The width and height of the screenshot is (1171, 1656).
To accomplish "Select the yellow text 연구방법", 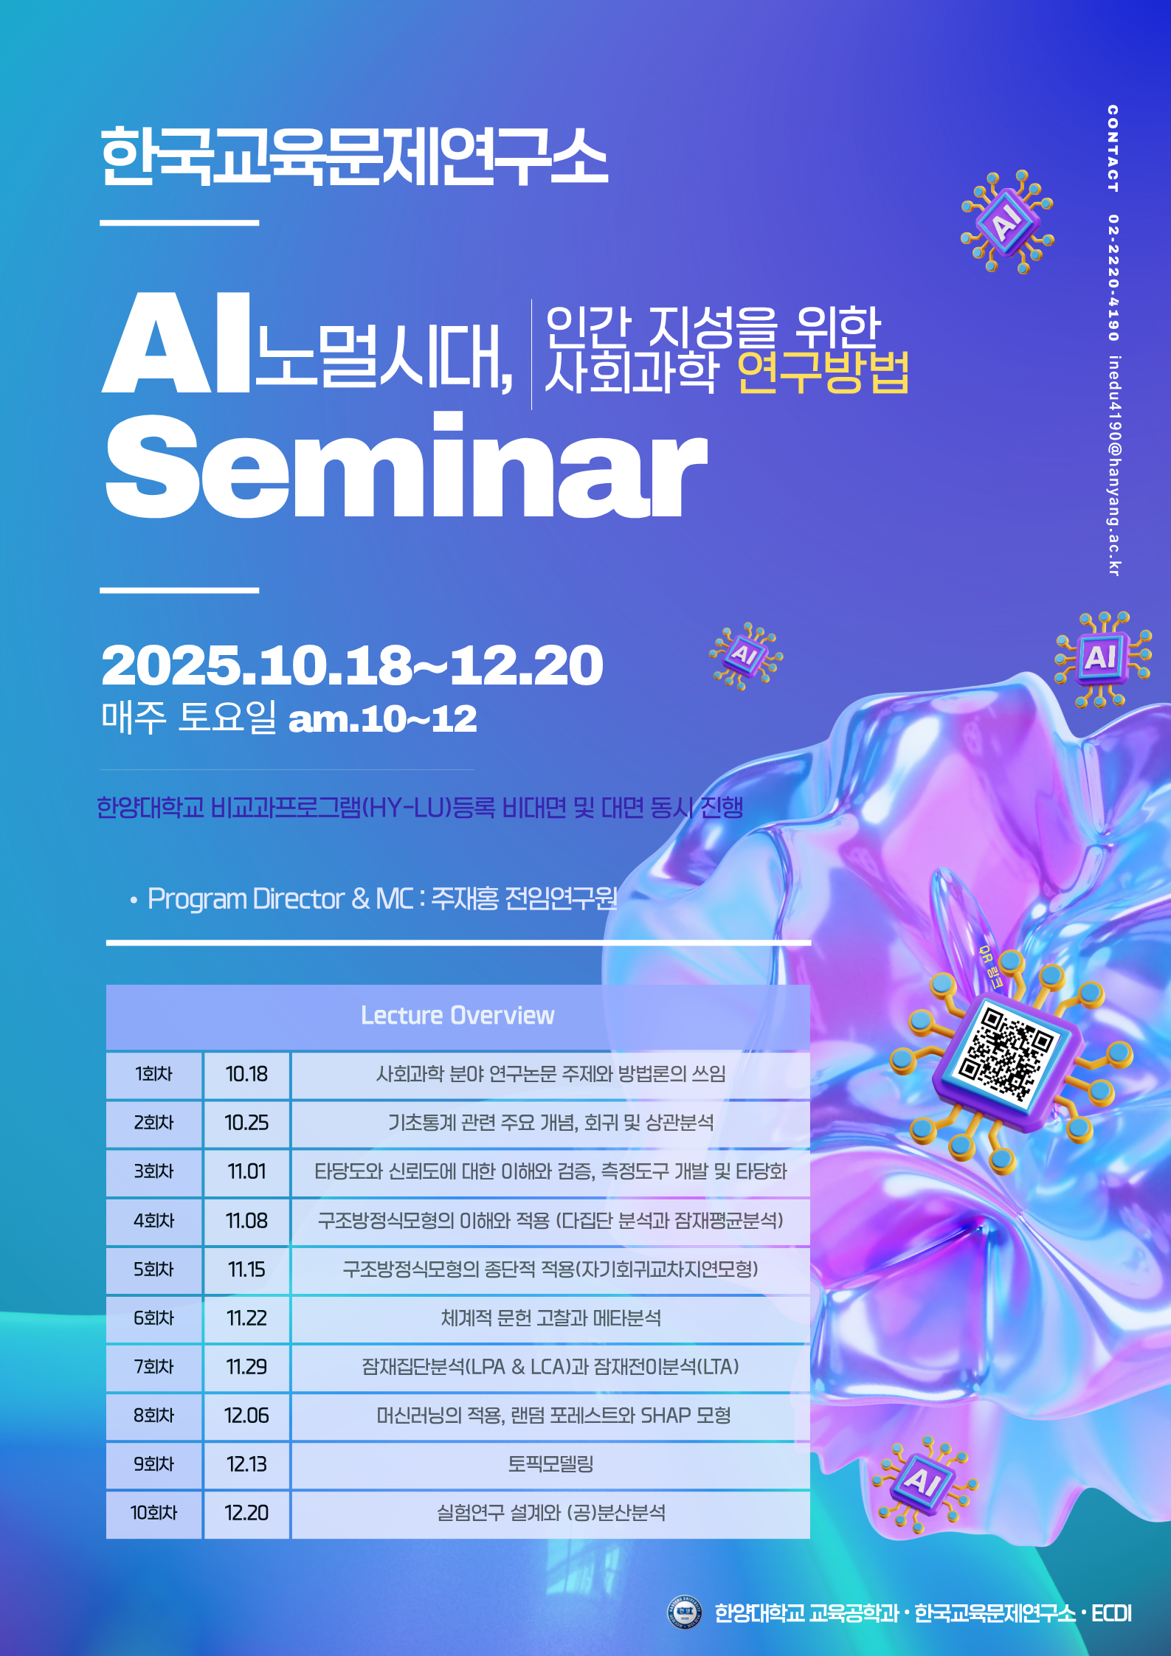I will coord(822,373).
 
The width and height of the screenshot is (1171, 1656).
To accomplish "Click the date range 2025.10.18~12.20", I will coord(352,665).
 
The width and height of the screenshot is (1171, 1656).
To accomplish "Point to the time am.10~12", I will coord(382,719).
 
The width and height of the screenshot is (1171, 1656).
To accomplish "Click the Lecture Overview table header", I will coord(457,1016).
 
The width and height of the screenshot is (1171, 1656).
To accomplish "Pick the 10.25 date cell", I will coord(246,1123).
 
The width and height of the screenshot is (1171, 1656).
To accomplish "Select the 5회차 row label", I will coord(153,1269).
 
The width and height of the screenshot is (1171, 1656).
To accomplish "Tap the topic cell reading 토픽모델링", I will coord(550,1464).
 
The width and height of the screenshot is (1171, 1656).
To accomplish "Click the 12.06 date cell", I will coord(246,1416).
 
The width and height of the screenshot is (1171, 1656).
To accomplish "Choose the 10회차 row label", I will coord(153,1513).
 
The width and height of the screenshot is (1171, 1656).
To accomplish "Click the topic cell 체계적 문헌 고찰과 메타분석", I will coord(550,1318).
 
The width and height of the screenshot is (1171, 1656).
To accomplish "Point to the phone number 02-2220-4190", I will coord(1113,277).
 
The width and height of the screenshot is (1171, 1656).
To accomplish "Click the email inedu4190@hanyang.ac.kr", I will coord(1114,465).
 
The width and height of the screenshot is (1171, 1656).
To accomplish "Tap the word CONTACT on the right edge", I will coord(1113,148).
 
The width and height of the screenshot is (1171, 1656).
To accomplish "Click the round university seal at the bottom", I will coord(684,1613).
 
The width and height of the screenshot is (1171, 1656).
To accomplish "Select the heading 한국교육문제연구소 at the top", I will coord(354,156).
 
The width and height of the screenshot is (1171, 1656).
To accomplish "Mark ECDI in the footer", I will coord(1111,1614).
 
